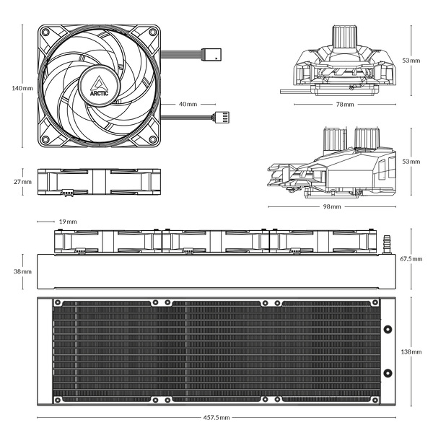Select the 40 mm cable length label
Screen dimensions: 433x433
pos(188,104)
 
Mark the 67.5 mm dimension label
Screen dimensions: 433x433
pos(411,258)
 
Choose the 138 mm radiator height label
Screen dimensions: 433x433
pos(411,351)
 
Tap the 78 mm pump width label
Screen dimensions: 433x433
pos(344,105)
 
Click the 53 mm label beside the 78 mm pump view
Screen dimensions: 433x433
pos(411,60)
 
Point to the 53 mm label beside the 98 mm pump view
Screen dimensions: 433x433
pos(411,162)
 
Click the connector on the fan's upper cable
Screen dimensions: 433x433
pos(214,53)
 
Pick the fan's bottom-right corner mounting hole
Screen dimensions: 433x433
pos(152,139)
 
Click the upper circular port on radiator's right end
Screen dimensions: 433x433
pos(388,331)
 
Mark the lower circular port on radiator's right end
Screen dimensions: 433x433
pos(388,372)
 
